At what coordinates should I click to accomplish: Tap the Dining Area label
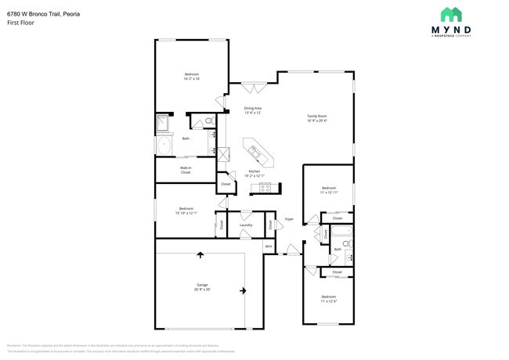click(x=252, y=108)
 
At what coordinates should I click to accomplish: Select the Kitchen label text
click(x=254, y=171)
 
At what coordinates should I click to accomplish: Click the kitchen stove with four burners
click(x=265, y=187)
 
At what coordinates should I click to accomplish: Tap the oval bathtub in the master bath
click(x=165, y=146)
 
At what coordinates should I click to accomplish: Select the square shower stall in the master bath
click(x=164, y=123)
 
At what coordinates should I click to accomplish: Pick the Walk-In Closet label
click(x=186, y=169)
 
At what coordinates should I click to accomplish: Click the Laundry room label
click(x=245, y=225)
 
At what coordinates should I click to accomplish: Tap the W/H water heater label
click(x=268, y=247)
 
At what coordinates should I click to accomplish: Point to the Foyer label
click(x=289, y=219)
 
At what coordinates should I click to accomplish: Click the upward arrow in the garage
click(x=200, y=254)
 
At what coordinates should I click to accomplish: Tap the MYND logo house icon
click(x=449, y=14)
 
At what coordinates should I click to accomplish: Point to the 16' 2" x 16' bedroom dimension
click(x=192, y=79)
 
